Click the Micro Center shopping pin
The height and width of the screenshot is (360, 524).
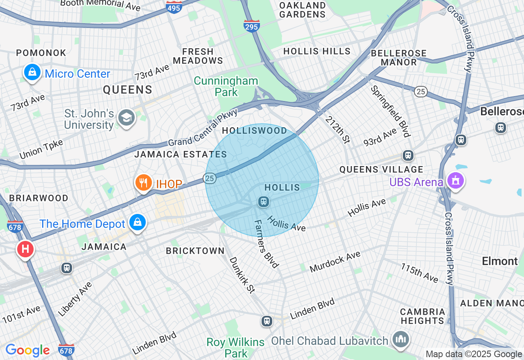32,72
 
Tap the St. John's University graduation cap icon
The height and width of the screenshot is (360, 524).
126,118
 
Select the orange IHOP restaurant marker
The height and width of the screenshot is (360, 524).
143,183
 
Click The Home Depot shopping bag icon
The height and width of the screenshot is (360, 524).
138,222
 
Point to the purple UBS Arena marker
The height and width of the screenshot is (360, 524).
455,180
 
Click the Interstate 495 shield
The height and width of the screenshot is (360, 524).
174,7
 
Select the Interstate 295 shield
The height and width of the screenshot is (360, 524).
251,26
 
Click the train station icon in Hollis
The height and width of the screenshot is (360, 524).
263,201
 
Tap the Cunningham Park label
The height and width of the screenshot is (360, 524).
226,86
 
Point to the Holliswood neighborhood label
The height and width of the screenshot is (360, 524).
255,131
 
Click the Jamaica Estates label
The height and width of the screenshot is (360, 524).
181,154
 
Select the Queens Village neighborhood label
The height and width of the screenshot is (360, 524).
381,169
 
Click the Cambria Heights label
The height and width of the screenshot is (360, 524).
422,316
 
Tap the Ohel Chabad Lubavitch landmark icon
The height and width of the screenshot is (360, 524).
400,339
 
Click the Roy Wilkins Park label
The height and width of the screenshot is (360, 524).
235,347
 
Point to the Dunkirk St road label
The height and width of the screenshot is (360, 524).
242,275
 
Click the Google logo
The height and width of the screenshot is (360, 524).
27,350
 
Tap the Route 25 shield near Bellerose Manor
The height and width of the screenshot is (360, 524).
421,92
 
